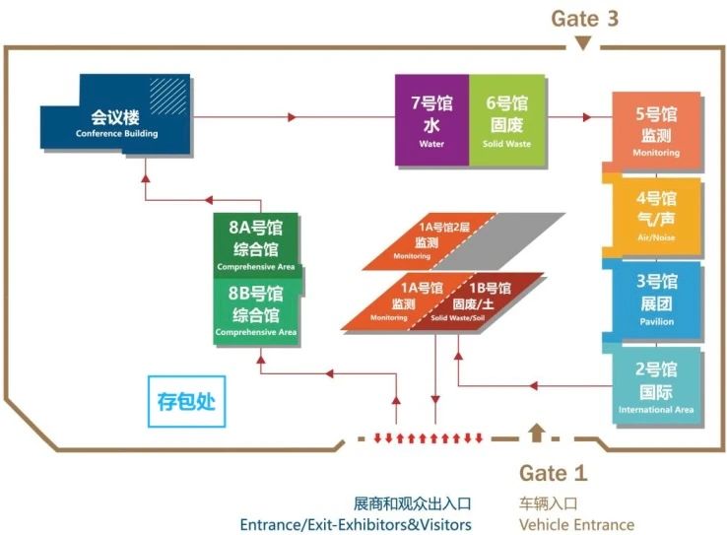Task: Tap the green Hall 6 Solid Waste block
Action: pyautogui.click(x=506, y=119)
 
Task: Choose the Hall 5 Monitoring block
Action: pyautogui.click(x=656, y=129)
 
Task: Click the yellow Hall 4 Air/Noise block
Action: pyautogui.click(x=656, y=214)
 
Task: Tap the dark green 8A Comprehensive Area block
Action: pyautogui.click(x=256, y=244)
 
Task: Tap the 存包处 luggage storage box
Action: pyautogui.click(x=186, y=402)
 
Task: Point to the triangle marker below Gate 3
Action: pyautogui.click(x=583, y=43)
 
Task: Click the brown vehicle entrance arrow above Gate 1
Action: pyautogui.click(x=536, y=432)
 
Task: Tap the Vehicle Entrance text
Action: pyautogui.click(x=576, y=524)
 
